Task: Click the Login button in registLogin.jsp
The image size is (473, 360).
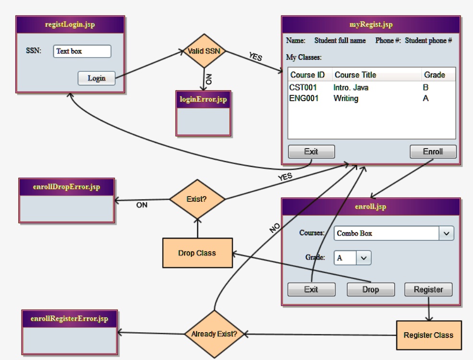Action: [96, 78]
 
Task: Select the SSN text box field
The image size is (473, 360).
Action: [82, 51]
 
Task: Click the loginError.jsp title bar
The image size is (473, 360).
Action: [204, 100]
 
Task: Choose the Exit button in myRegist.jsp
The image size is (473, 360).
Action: [311, 151]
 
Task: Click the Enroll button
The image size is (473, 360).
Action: [433, 151]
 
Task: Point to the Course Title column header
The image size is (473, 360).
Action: [355, 75]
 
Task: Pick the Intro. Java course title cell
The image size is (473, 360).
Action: [351, 88]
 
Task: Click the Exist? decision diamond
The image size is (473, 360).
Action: [198, 198]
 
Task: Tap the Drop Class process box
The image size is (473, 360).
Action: [197, 253]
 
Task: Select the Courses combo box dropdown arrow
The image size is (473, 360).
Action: [447, 233]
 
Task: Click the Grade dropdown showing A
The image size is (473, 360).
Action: [353, 258]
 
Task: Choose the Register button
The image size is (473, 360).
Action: [428, 290]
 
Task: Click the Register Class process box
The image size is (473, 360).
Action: [428, 335]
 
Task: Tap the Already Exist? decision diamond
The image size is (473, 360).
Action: [214, 334]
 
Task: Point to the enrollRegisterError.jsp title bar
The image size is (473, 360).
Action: [70, 318]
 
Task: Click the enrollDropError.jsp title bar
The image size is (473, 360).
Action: [67, 187]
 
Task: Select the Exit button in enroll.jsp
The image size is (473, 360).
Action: [311, 290]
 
